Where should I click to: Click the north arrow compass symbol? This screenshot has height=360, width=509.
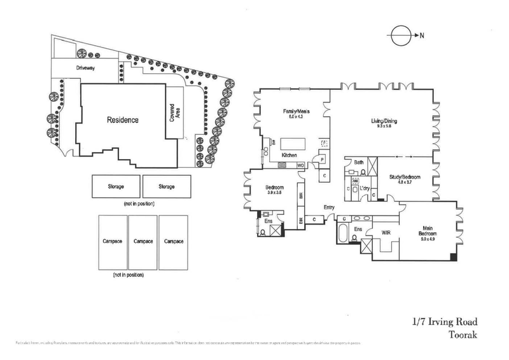pos(401,36)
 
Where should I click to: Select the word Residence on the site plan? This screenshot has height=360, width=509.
pos(122,119)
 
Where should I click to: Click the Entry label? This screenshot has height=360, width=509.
pos(329,207)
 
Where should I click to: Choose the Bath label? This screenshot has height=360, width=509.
pos(358,163)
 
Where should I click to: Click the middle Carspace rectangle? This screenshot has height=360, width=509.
pos(143,242)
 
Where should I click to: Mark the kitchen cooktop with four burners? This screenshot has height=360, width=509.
pos(281,165)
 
